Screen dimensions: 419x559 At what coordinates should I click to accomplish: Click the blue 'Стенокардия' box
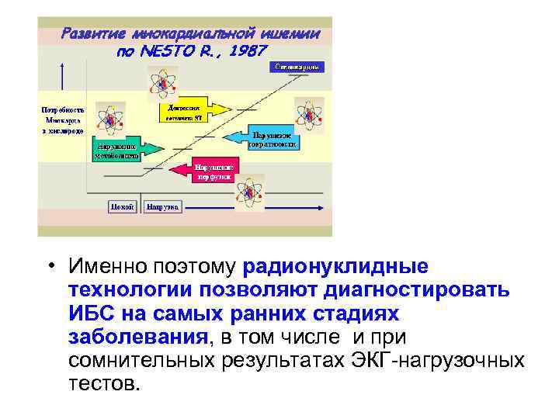(x=296, y=68)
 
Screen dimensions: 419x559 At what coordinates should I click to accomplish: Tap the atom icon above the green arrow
(x=110, y=119)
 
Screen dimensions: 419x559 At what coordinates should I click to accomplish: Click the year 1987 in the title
(x=248, y=50)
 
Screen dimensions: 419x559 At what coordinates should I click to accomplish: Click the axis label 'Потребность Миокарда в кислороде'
(x=62, y=120)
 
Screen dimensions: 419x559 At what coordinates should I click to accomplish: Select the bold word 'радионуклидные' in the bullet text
(x=335, y=267)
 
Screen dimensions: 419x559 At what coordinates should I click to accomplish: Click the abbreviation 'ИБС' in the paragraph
(x=92, y=314)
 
